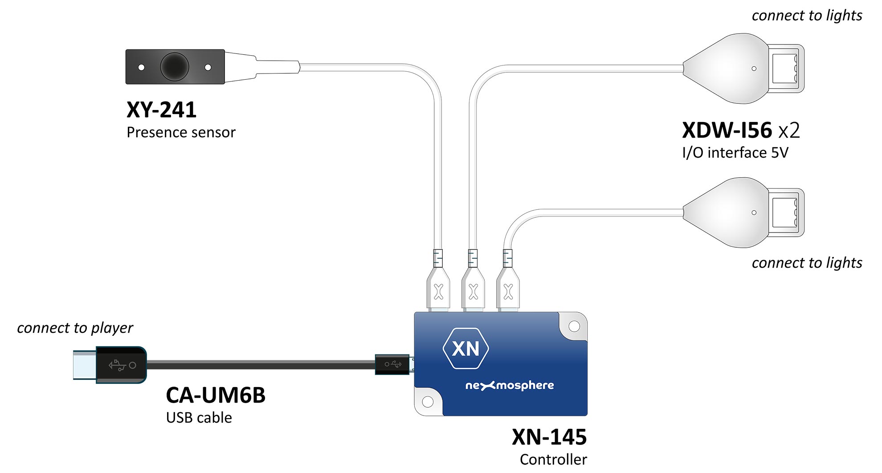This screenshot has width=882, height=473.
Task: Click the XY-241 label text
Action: point(161,110)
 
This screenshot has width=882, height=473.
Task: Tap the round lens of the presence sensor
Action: point(175,67)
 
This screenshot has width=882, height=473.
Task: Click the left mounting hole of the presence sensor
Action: point(141,67)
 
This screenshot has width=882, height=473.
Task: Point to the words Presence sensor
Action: point(181,132)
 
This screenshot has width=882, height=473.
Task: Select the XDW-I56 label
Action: point(727,130)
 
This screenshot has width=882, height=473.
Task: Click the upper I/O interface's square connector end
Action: point(786,69)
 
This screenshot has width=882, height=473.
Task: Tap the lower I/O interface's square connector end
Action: point(786,212)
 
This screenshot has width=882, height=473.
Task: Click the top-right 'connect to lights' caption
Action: point(807,16)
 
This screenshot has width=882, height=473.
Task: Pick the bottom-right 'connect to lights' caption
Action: point(807,263)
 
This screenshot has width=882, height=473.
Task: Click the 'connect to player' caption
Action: point(75,328)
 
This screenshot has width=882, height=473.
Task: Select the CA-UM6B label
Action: point(216,395)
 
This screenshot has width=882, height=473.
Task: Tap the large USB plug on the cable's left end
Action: point(110,365)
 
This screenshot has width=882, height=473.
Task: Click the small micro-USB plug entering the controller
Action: point(392,364)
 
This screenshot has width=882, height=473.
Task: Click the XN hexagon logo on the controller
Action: point(466,348)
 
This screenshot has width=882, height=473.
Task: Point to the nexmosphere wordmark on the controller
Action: point(510,385)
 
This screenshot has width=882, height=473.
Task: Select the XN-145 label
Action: point(549,437)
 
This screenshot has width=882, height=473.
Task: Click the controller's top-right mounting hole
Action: point(574,326)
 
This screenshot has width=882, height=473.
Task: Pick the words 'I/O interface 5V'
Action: point(735,153)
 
